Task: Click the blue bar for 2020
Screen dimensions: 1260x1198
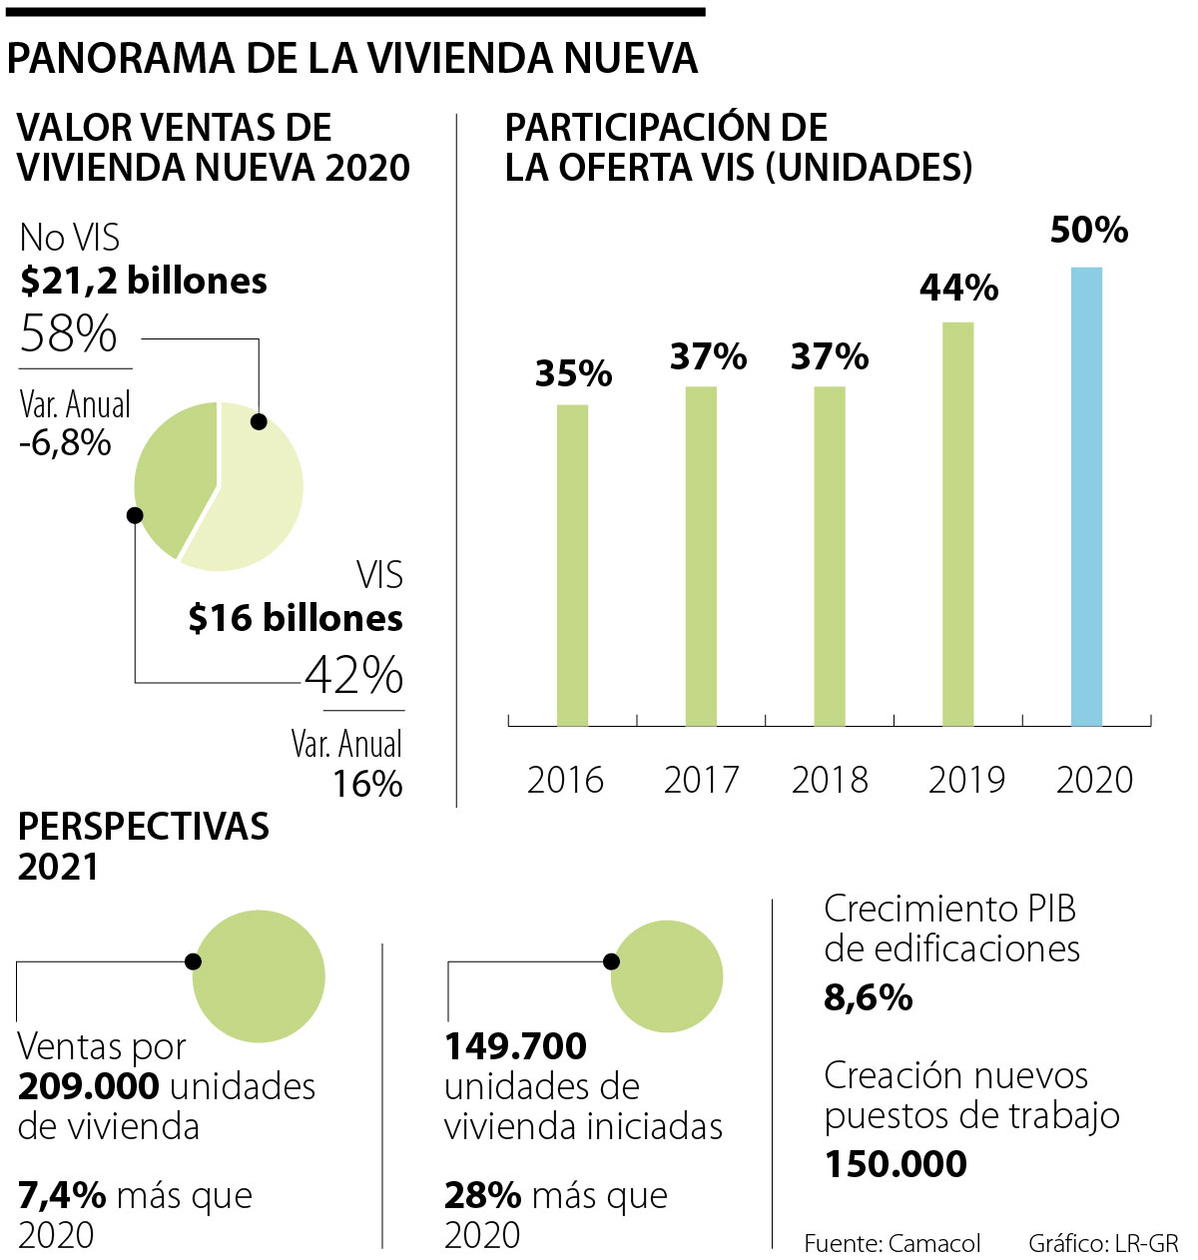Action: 1086,496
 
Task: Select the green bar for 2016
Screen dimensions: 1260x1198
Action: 572,564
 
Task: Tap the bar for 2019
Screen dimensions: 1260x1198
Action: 957,523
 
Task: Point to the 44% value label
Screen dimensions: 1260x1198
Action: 958,288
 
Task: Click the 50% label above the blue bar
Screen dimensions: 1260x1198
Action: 1088,231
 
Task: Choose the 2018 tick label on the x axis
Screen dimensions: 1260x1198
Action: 830,780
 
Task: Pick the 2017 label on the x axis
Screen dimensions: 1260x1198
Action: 701,780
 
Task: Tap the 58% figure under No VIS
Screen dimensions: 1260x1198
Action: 68,333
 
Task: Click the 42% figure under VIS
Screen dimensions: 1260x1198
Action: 353,676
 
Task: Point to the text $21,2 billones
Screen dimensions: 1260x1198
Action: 144,282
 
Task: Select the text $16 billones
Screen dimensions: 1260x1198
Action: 296,619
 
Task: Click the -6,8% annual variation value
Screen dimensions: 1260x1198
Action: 65,442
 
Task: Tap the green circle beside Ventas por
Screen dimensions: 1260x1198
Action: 259,975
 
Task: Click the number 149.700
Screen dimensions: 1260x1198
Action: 515,1046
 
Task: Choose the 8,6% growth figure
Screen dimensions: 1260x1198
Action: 868,997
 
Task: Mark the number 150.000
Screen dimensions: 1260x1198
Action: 896,1164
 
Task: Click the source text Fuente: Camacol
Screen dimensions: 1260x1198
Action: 892,1243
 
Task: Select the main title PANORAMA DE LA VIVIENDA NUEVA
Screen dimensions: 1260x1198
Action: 351,59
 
